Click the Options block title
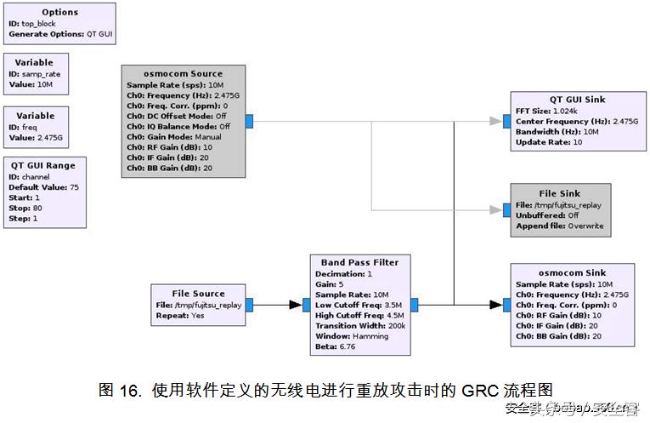click(x=59, y=13)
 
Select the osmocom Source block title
click(x=184, y=74)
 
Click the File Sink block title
click(x=560, y=193)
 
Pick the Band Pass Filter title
click(x=359, y=262)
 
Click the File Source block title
click(x=198, y=294)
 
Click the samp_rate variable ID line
click(x=35, y=74)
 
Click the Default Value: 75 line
click(x=44, y=186)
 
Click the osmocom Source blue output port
click(x=249, y=121)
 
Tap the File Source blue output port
click(x=249, y=304)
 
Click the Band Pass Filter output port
click(x=414, y=304)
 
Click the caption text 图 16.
click(x=118, y=391)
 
